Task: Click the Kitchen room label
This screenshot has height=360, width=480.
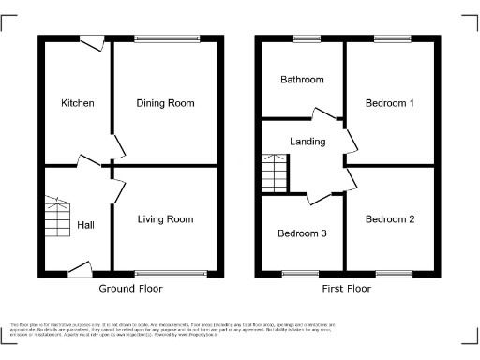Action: [x=78, y=103]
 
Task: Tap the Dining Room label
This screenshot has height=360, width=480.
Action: [x=165, y=103]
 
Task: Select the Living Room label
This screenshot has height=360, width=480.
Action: [x=165, y=219]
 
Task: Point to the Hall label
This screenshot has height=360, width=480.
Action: [x=85, y=225]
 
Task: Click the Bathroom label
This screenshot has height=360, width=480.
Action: [x=302, y=80]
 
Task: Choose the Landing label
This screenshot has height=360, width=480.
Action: [x=307, y=142]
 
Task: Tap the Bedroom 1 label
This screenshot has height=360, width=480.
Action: [x=390, y=103]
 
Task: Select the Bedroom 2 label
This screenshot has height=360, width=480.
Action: [x=390, y=219]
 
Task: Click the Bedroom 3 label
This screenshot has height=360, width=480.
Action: [x=302, y=233]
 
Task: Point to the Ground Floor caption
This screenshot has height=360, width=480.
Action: [x=130, y=289]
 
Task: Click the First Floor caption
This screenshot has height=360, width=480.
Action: [x=346, y=289]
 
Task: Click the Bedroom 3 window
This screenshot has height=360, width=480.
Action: [x=302, y=274]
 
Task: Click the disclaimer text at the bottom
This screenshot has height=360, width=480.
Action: [x=240, y=329]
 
